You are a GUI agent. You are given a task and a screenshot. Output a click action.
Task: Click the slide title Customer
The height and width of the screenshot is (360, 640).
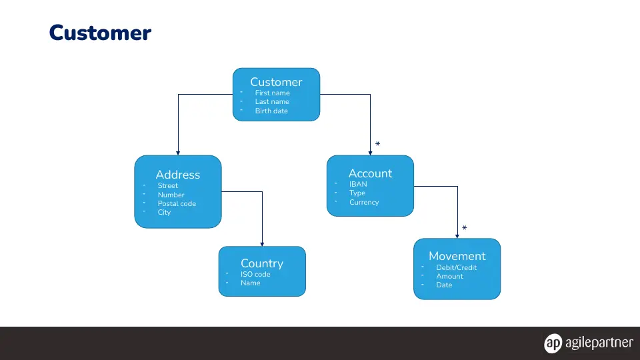[100, 33]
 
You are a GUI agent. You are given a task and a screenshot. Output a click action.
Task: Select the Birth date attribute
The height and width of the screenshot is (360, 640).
[271, 111]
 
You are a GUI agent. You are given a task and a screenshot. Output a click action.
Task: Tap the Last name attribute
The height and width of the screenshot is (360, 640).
[272, 101]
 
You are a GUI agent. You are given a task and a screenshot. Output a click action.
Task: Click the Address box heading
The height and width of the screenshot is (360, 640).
[178, 175]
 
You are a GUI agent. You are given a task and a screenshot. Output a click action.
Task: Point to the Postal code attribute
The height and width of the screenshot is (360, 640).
[177, 203]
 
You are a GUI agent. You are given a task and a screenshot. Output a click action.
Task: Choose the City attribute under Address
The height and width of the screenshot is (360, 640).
[164, 212]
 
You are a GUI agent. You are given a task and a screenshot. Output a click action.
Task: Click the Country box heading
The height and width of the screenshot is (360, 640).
[262, 263]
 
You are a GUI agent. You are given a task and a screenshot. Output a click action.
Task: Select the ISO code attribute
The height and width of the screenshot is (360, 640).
[255, 274]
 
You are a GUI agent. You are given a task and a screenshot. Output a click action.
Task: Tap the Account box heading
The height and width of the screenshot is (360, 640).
[370, 173]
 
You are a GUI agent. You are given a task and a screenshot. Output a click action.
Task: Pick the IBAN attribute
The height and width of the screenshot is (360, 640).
[358, 184]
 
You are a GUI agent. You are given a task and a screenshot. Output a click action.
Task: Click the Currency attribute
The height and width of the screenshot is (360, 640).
[364, 202]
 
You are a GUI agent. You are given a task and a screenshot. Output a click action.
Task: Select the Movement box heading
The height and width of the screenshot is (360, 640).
[457, 256]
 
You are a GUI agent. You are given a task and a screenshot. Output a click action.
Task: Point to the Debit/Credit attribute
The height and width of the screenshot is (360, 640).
[456, 267]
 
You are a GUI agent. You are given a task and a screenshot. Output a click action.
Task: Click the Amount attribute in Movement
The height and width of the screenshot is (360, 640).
[449, 276]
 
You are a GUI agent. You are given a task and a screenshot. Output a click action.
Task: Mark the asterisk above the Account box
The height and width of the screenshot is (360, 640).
[377, 144]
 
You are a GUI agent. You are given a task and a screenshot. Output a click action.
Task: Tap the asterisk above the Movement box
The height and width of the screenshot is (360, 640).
[465, 228]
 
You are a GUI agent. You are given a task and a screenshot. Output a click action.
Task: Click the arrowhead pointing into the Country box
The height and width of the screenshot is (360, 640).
[262, 244]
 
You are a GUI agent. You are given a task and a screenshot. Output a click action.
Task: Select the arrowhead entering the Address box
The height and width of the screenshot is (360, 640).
[178, 153]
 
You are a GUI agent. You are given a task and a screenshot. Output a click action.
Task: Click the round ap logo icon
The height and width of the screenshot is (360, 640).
[553, 343]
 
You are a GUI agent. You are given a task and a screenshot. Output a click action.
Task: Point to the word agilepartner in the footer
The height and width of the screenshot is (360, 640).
[599, 343]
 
